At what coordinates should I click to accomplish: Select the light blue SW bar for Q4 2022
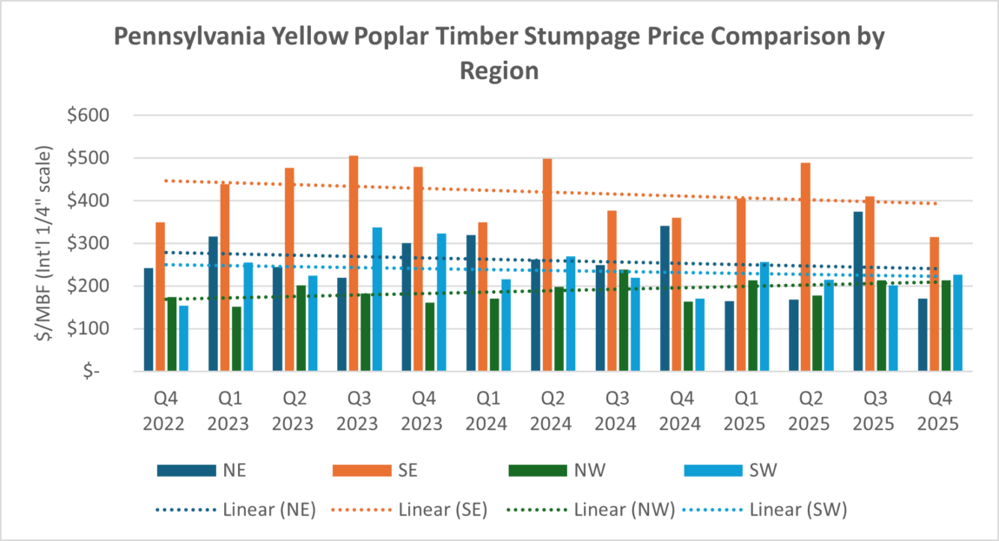pyautogui.click(x=183, y=339)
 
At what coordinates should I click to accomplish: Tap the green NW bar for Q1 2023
pyautogui.click(x=236, y=339)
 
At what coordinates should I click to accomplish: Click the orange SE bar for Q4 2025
pyautogui.click(x=934, y=304)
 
